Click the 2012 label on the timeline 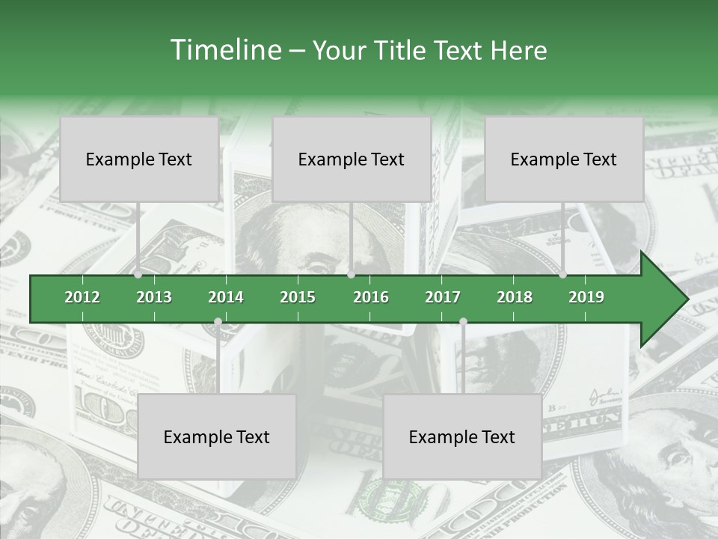pyautogui.click(x=82, y=297)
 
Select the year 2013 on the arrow pyautogui.click(x=154, y=297)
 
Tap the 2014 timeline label pyautogui.click(x=226, y=297)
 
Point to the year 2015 pyautogui.click(x=298, y=297)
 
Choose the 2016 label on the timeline pyautogui.click(x=371, y=297)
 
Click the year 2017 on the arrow pyautogui.click(x=443, y=297)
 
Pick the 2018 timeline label pyautogui.click(x=515, y=297)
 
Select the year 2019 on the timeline pyautogui.click(x=586, y=297)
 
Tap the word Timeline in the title pyautogui.click(x=224, y=50)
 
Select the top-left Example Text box pyautogui.click(x=139, y=159)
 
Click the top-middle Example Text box pyautogui.click(x=352, y=159)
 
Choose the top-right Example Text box pyautogui.click(x=564, y=159)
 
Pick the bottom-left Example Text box pyautogui.click(x=217, y=437)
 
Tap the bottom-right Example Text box pyautogui.click(x=462, y=437)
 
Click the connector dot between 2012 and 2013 pyautogui.click(x=138, y=275)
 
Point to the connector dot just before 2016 pyautogui.click(x=351, y=275)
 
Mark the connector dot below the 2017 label pyautogui.click(x=463, y=322)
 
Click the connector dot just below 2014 pyautogui.click(x=218, y=322)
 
